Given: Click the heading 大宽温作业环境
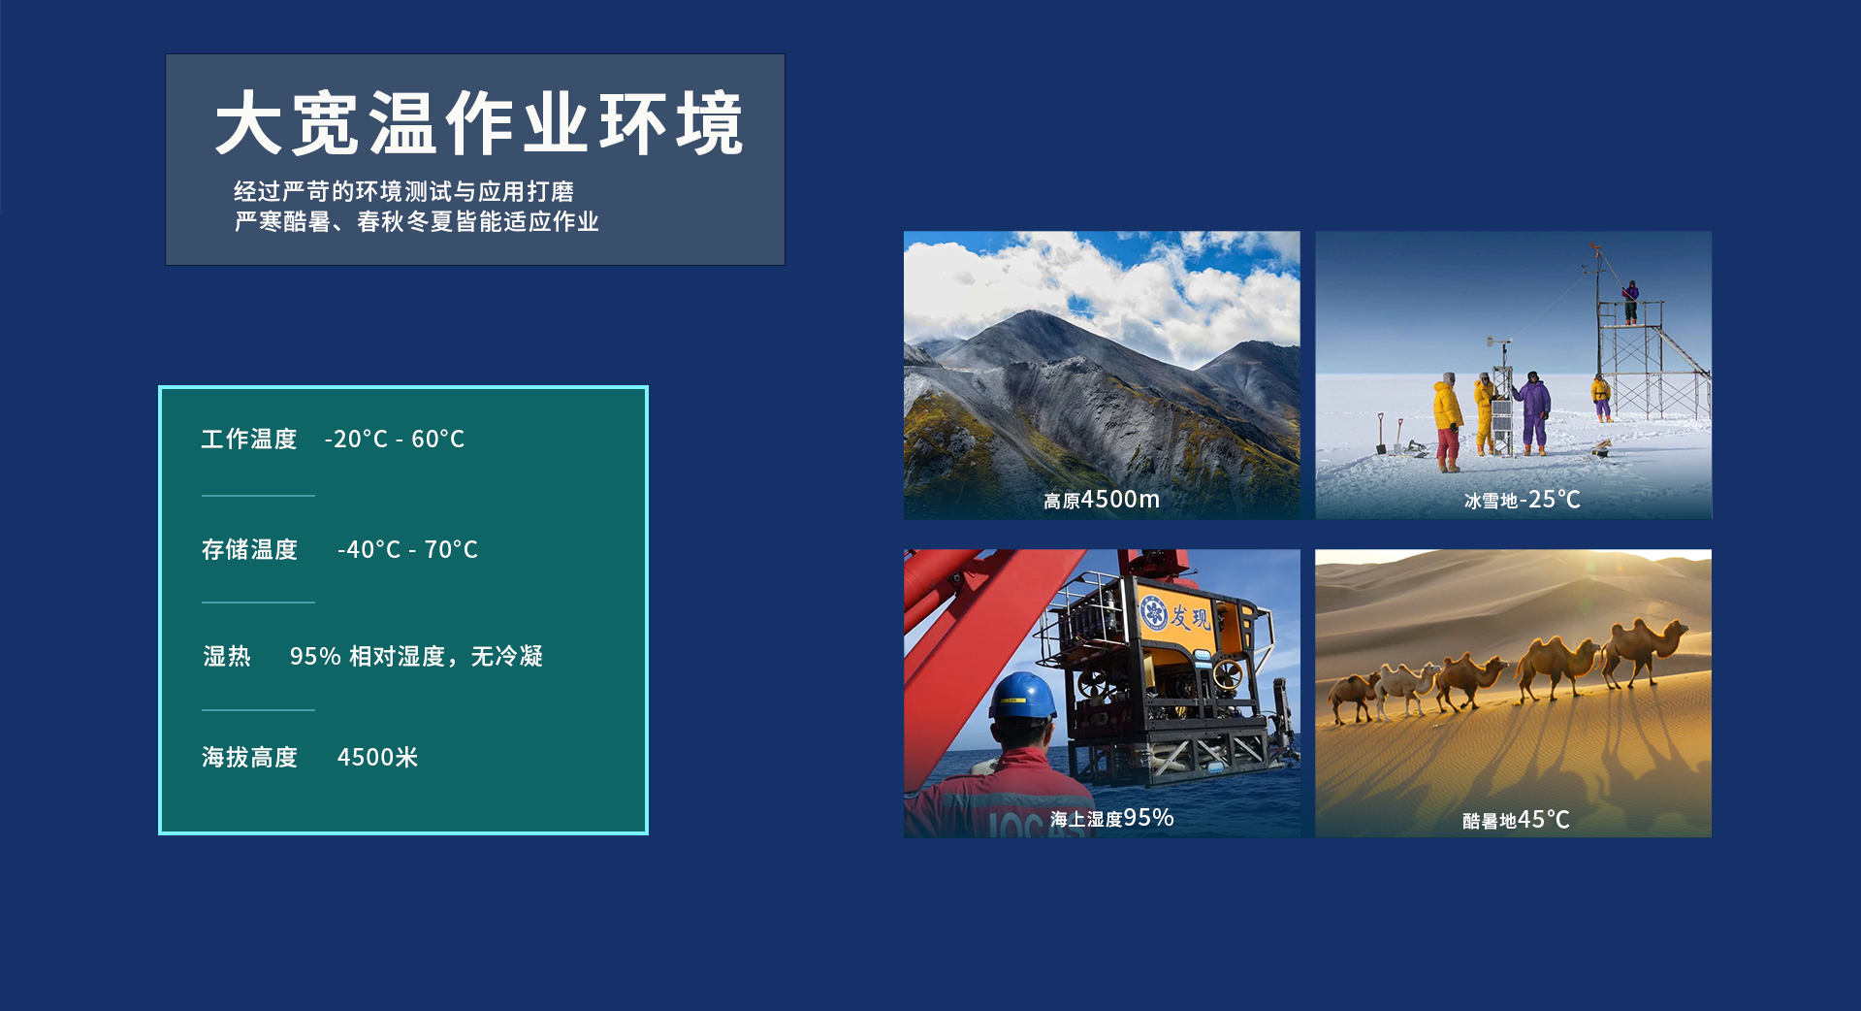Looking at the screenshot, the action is pos(479,123).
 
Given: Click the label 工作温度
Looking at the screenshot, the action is pos(249,440).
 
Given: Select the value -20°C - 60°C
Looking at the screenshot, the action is pos(395,440).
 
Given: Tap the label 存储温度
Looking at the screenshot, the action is pos(249,550).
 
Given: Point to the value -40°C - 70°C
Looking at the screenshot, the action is pos(407,550).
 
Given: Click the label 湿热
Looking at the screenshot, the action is pos(227,657).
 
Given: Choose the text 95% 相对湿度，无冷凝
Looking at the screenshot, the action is pos(416,657).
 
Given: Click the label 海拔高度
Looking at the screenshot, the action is pos(249,758).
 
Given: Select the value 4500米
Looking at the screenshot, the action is pos(377,758).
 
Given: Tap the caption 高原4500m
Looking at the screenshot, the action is pos(1102,500).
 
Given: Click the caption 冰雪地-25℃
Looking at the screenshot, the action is pos(1523,500).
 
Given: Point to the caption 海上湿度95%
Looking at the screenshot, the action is pos(1111,818).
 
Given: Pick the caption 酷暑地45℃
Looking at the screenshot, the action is pos(1516,820).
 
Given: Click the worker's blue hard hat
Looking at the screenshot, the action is pos(1022,696).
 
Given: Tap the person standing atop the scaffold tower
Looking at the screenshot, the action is pos(1631,302).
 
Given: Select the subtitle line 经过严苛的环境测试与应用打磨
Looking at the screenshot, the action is pos(403,192).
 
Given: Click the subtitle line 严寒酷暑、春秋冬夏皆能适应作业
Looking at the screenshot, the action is pos(416,222).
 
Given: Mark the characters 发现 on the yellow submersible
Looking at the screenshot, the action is pos(1190,616).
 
